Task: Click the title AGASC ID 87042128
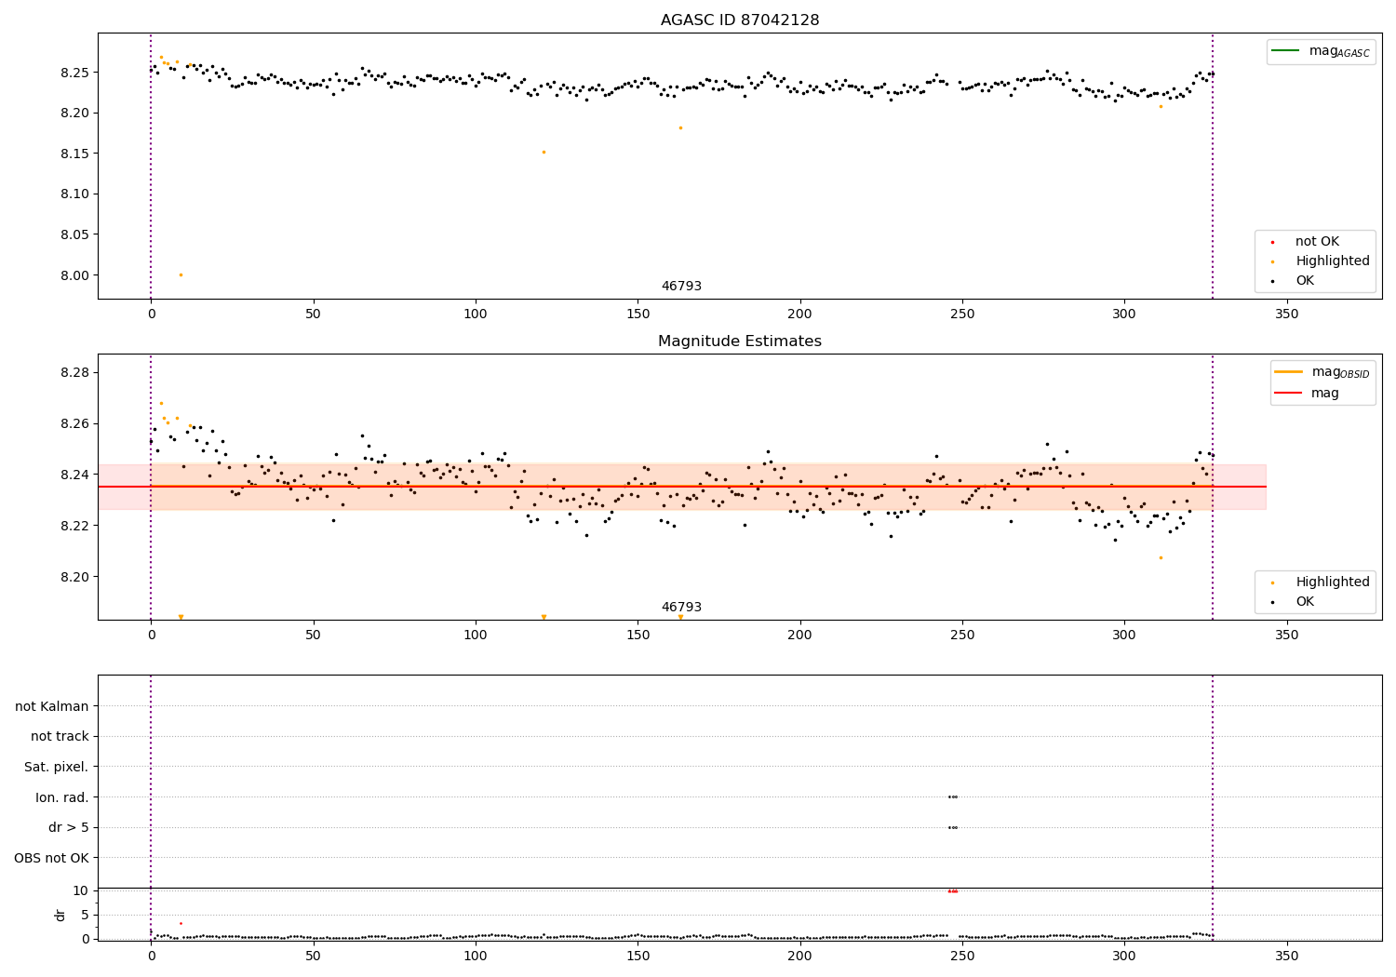(739, 20)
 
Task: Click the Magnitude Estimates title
(739, 341)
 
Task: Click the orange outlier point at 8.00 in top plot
(181, 274)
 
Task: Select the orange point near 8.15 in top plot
(544, 152)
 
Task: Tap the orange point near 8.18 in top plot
(680, 127)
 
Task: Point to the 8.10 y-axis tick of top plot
(76, 194)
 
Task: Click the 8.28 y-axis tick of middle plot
(76, 372)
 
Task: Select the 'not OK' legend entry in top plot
(1316, 242)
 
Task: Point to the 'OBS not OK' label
(51, 858)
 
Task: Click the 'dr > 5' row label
(68, 827)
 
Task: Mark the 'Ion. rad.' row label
(62, 797)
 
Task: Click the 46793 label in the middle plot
(681, 608)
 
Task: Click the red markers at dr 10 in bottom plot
(952, 890)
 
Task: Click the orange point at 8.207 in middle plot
(1161, 557)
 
